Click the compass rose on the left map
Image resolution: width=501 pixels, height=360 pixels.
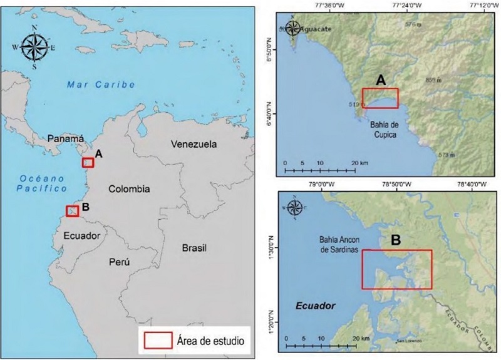[34, 48]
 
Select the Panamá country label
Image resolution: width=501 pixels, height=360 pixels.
[66, 138]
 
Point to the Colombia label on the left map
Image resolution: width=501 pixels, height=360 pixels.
[129, 188]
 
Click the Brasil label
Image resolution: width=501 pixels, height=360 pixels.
[194, 248]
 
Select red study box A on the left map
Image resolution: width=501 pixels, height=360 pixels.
[88, 163]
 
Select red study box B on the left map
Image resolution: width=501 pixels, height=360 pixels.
[72, 211]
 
